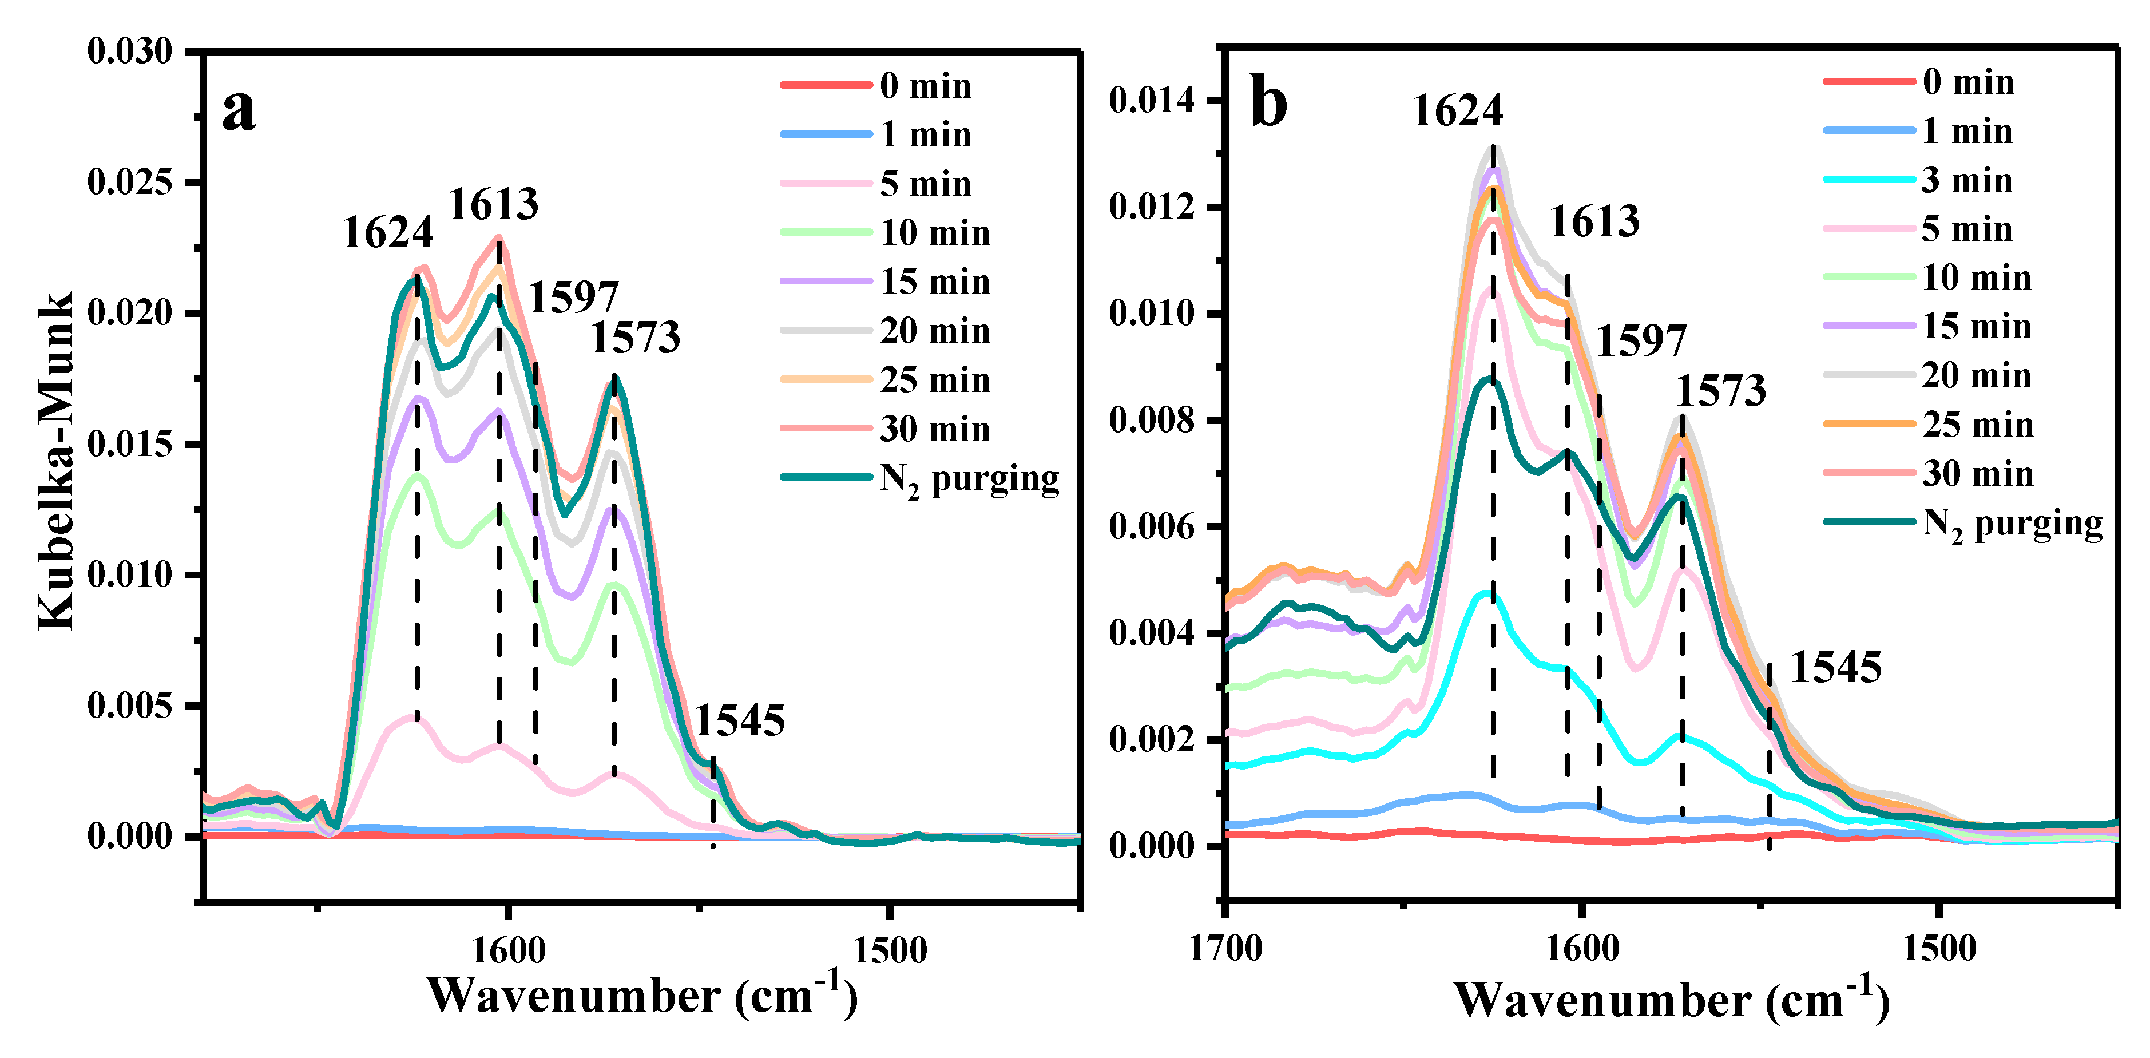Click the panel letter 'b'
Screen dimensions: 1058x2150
point(1268,106)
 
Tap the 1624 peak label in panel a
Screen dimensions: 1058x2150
point(388,232)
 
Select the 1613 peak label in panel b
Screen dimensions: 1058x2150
point(1594,222)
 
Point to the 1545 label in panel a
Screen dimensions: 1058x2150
point(740,720)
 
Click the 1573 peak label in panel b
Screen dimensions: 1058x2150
point(1721,391)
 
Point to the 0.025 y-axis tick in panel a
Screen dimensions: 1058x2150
point(129,182)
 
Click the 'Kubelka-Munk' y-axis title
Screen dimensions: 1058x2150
point(57,461)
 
